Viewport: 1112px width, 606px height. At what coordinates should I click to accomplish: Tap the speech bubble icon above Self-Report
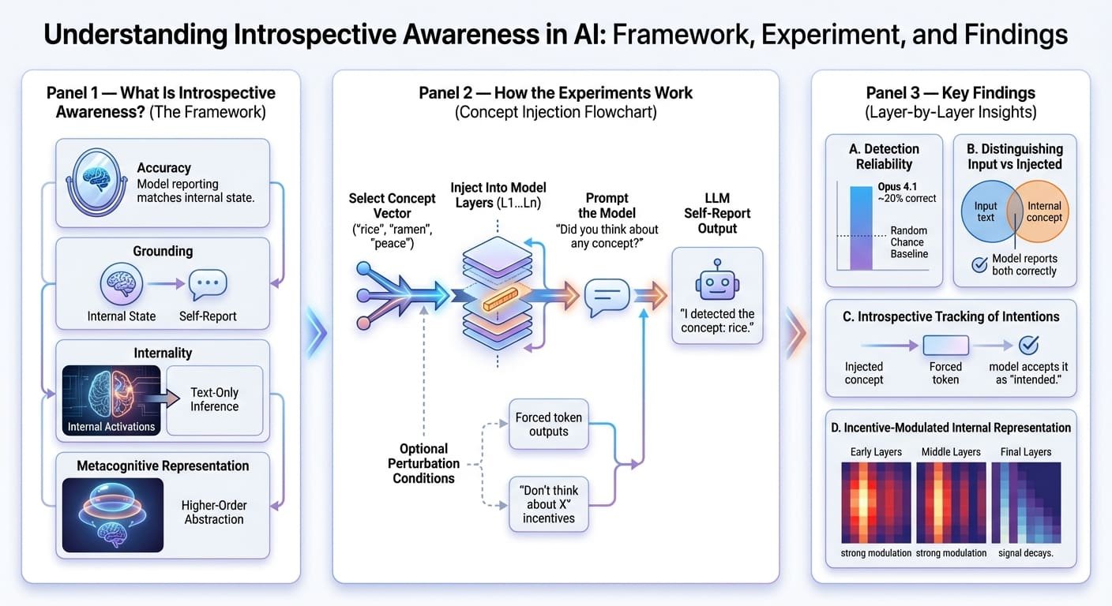(208, 286)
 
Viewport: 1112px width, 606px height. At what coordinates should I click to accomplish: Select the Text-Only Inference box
(214, 399)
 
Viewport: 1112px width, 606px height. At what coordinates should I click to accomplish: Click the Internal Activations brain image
(111, 399)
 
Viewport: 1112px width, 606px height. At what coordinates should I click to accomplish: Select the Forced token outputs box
(548, 425)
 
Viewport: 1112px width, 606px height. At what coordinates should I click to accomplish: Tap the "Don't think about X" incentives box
(548, 504)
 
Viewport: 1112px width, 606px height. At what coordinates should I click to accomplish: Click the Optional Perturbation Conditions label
(423, 463)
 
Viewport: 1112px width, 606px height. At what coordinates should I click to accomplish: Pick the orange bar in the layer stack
(497, 301)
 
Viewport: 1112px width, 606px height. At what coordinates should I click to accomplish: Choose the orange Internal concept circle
(1041, 211)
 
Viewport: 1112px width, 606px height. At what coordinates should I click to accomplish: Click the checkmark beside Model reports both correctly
(979, 265)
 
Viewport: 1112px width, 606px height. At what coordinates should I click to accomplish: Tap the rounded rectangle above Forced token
(945, 345)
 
